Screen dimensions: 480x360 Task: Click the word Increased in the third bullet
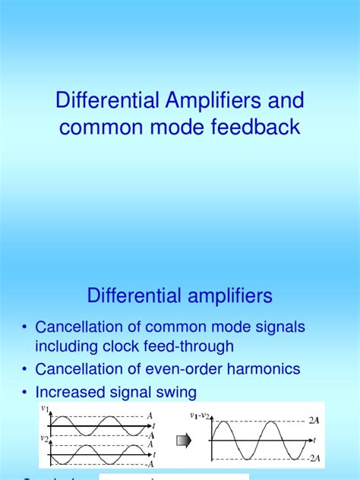70,392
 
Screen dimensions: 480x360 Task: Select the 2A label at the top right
314,418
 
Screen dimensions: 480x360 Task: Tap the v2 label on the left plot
44,437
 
